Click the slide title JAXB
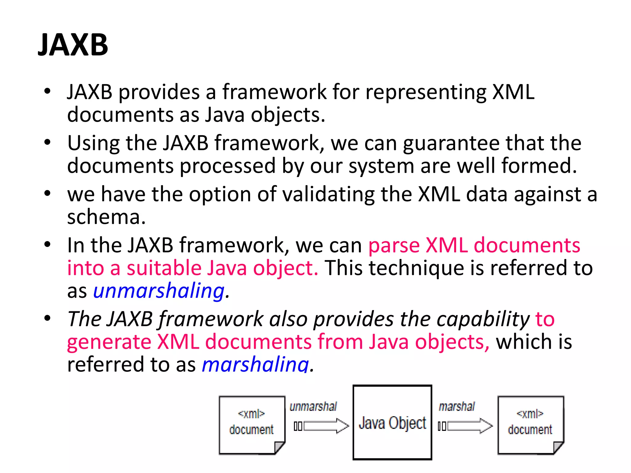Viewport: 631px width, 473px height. click(x=73, y=45)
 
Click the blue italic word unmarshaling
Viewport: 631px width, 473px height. click(x=159, y=291)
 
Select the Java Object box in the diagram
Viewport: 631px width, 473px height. click(x=392, y=422)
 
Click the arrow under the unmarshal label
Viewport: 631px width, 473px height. click(x=326, y=426)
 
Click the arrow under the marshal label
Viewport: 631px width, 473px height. click(x=470, y=426)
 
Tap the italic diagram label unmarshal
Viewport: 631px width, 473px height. click(x=313, y=407)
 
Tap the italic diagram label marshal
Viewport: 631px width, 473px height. click(x=457, y=407)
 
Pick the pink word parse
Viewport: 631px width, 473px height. click(x=393, y=246)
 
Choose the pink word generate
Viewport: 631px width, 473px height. click(x=109, y=342)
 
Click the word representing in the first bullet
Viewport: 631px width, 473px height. click(x=425, y=92)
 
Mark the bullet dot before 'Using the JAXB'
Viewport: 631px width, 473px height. click(x=47, y=142)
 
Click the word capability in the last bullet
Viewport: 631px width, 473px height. click(x=483, y=319)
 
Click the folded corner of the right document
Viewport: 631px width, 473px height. click(x=558, y=447)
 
